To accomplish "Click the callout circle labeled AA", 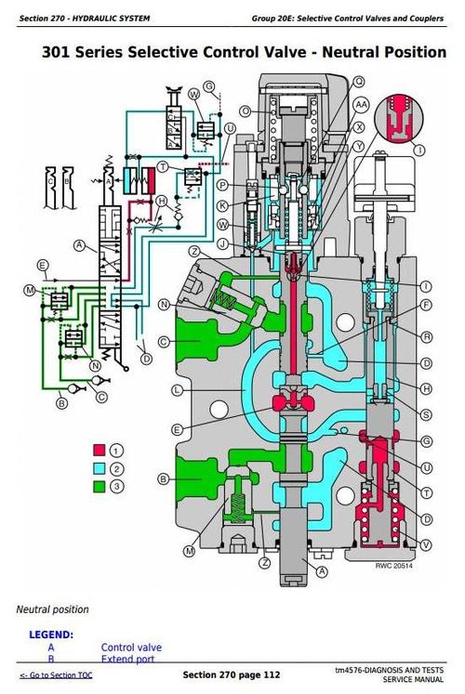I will point(362,105).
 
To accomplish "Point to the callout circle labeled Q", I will point(360,82).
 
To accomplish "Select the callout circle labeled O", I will point(246,111).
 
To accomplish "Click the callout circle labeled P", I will point(222,186).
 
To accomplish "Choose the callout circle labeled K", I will point(222,205).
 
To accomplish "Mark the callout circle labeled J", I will point(222,243).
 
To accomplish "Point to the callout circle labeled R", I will point(426,336).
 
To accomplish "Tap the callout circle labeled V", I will point(426,543).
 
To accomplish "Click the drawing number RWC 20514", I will point(394,565).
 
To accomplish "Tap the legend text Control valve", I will point(131,648).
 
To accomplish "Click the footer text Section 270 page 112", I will point(231,674).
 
